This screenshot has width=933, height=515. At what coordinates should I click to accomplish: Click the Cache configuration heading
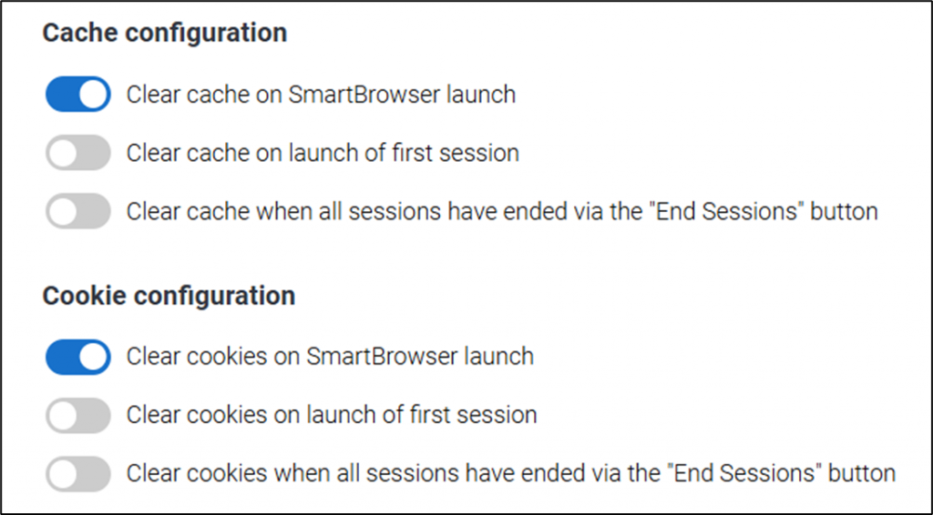(165, 34)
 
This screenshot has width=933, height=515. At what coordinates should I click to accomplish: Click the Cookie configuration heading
(169, 296)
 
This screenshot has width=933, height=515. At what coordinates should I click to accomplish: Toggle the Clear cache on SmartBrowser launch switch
(78, 94)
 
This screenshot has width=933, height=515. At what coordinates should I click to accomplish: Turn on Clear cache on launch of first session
(78, 153)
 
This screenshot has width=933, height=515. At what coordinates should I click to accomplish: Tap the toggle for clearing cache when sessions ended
(78, 211)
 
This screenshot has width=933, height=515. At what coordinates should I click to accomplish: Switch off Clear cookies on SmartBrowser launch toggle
(78, 357)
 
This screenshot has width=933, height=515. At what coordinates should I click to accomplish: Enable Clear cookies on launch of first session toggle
(78, 415)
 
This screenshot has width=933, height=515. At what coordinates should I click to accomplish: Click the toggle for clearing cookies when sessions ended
(78, 473)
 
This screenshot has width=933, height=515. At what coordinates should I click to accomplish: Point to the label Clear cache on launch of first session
(323, 153)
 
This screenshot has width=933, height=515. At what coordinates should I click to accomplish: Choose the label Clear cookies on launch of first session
(332, 415)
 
